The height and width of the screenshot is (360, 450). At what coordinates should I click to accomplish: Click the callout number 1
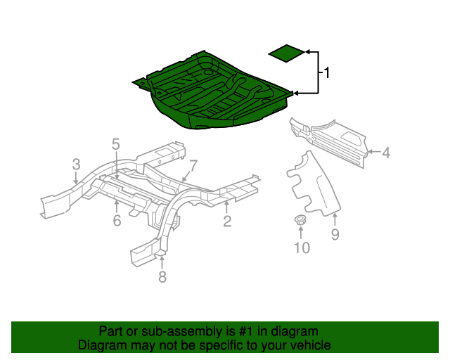click(x=326, y=72)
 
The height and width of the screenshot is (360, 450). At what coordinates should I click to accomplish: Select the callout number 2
click(x=227, y=222)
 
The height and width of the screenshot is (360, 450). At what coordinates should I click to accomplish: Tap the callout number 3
click(x=76, y=165)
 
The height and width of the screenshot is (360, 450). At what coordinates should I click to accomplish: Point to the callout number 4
click(x=385, y=151)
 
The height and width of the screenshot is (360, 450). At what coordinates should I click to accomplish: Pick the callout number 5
click(x=116, y=144)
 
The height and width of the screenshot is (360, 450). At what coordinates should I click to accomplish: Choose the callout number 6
click(x=117, y=221)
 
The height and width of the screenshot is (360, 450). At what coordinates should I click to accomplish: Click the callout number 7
click(x=193, y=165)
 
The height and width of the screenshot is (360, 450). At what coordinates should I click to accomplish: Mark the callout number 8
click(x=162, y=277)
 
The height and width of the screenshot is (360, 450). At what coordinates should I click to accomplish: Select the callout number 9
click(x=335, y=235)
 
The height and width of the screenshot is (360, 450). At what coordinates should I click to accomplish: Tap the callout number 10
click(x=302, y=247)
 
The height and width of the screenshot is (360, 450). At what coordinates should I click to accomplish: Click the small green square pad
click(x=287, y=53)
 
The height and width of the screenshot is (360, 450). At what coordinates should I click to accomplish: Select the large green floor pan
click(x=211, y=91)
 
